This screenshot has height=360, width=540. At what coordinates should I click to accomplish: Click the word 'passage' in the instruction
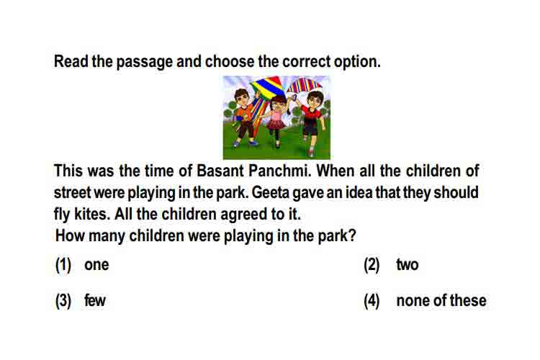click(144, 62)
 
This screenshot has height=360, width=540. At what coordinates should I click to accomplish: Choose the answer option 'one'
click(96, 265)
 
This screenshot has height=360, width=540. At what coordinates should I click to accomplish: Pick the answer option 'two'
click(408, 265)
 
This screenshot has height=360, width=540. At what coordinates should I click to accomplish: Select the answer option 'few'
click(95, 300)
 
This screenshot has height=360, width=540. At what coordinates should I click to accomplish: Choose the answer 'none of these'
click(441, 300)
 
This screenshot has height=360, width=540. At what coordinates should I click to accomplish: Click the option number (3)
click(63, 300)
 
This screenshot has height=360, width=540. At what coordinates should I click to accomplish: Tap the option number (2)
click(372, 265)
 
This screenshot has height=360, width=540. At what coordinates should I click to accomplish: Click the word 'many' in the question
click(107, 236)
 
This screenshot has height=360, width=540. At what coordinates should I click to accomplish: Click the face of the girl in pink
click(278, 104)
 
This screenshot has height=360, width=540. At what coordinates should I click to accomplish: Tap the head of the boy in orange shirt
click(241, 96)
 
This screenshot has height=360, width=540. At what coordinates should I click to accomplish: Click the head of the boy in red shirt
click(315, 99)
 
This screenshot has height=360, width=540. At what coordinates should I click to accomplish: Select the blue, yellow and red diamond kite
click(268, 87)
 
